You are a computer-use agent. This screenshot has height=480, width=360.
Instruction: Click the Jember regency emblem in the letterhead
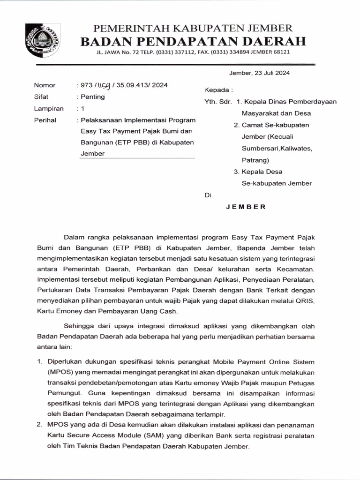point(42,40)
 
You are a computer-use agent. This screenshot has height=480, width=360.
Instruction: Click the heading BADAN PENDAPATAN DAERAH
point(193,41)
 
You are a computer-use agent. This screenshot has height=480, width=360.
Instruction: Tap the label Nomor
point(45,85)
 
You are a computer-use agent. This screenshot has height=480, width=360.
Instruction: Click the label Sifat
point(41,97)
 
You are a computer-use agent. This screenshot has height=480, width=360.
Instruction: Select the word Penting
point(93,97)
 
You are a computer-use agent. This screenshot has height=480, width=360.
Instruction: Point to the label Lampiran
point(48,109)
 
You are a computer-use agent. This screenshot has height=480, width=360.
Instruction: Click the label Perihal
point(45,120)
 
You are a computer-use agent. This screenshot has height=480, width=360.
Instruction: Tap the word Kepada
point(217,90)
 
